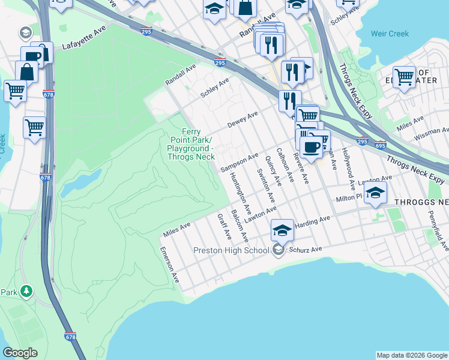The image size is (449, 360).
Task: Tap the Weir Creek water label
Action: coord(390,34)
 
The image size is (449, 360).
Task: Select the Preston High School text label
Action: coord(231,250)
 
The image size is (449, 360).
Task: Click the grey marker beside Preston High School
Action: coord(278,250)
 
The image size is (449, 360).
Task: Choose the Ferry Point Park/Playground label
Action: coord(190,144)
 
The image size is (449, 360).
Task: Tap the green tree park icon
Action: coord(26,292)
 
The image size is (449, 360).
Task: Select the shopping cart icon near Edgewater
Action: coord(405,77)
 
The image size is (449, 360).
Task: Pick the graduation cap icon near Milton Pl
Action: coord(375,193)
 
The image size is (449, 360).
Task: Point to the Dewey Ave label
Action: coord(243,119)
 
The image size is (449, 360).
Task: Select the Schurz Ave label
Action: coord(306,249)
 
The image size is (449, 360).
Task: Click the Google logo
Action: coord(20,353)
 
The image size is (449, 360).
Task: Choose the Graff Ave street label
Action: coord(224,226)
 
